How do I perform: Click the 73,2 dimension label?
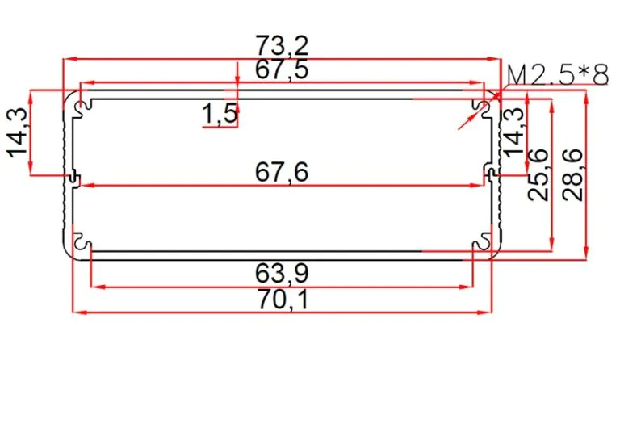click(x=282, y=46)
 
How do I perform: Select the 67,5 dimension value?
click(x=282, y=70)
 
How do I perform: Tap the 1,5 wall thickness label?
click(x=220, y=114)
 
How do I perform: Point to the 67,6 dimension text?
click(x=282, y=173)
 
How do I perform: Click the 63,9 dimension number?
click(x=282, y=274)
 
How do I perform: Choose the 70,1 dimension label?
click(x=283, y=300)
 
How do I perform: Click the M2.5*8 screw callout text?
click(x=558, y=75)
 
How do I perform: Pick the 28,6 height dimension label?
click(x=573, y=175)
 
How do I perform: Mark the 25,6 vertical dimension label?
click(x=538, y=175)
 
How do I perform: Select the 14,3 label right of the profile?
click(x=512, y=132)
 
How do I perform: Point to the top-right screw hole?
click(x=484, y=107)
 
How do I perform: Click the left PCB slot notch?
click(x=74, y=178)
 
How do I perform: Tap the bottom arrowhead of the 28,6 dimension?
click(x=586, y=254)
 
